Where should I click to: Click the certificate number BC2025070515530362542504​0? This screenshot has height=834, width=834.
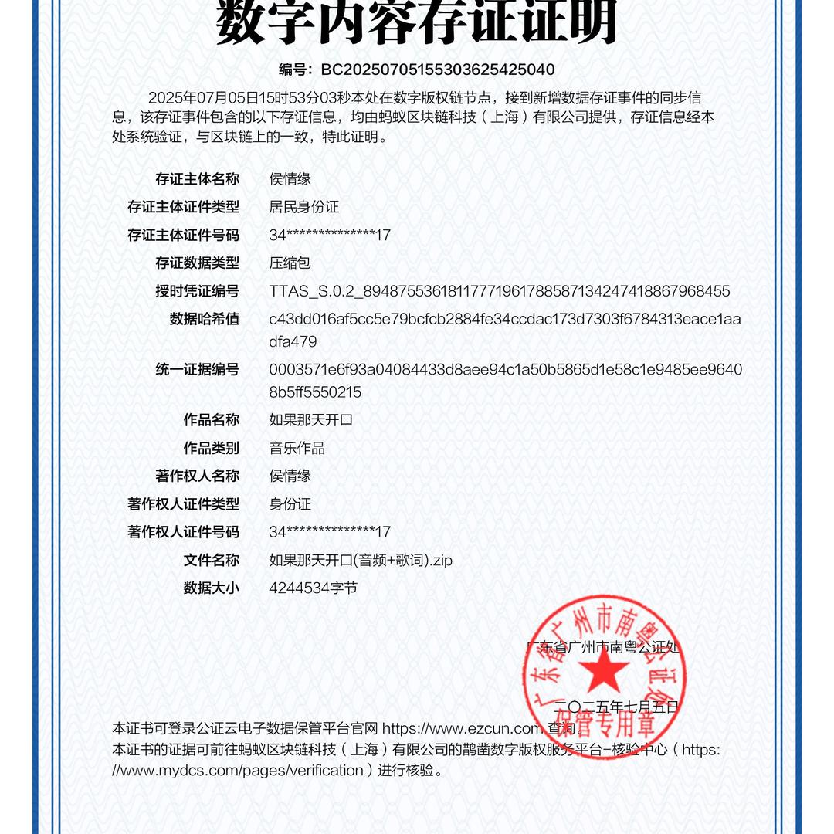(x=437, y=69)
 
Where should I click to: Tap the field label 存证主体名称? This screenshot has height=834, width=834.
(x=198, y=179)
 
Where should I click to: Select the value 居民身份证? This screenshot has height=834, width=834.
(x=303, y=207)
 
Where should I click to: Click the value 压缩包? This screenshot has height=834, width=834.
(x=290, y=263)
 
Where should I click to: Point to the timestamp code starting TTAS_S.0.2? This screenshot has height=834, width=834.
(x=499, y=291)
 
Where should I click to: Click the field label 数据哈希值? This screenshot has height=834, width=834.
(x=205, y=319)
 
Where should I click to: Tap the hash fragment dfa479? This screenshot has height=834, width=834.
(x=293, y=341)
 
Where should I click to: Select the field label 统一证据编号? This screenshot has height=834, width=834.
(x=198, y=369)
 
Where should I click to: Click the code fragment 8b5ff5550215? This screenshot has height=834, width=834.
(x=315, y=392)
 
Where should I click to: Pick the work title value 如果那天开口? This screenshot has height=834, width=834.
(x=310, y=420)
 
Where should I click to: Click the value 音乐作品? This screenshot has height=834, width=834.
(x=297, y=448)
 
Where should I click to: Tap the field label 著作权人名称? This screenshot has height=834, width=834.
(x=198, y=476)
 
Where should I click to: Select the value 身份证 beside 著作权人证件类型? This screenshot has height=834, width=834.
(x=290, y=504)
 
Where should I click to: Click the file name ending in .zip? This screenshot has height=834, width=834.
(x=361, y=560)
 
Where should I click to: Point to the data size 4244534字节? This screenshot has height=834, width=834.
(x=313, y=588)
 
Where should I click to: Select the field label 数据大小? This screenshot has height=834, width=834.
(x=212, y=588)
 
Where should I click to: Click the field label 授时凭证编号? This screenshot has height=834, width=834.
(x=198, y=291)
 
